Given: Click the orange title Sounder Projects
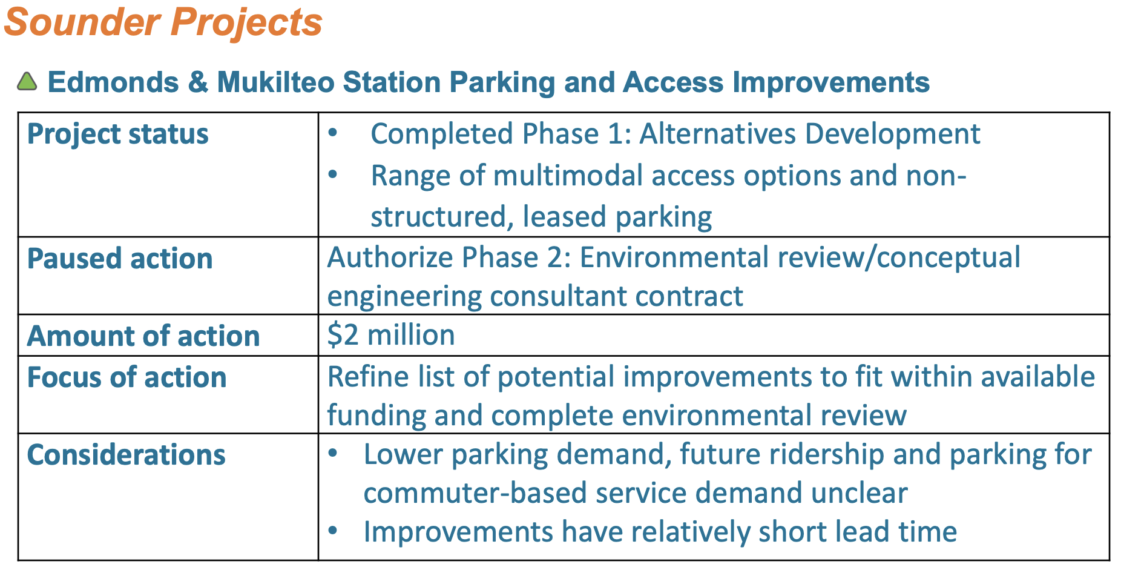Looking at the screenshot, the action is [163, 23].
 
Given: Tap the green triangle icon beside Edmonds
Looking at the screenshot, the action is [27, 82].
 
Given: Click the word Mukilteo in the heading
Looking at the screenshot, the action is [275, 82].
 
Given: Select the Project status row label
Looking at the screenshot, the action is [117, 134].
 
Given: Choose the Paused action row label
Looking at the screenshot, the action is [120, 259].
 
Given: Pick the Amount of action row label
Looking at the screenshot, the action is [143, 336].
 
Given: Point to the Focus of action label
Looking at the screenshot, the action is [127, 377].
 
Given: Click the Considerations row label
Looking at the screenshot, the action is [127, 454].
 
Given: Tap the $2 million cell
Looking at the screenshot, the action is [391, 335].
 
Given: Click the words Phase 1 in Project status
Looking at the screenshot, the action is [577, 134].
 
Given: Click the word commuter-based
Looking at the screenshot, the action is [475, 493].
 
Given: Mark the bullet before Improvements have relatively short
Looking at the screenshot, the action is [333, 531].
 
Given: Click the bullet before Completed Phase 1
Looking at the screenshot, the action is [333, 133].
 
